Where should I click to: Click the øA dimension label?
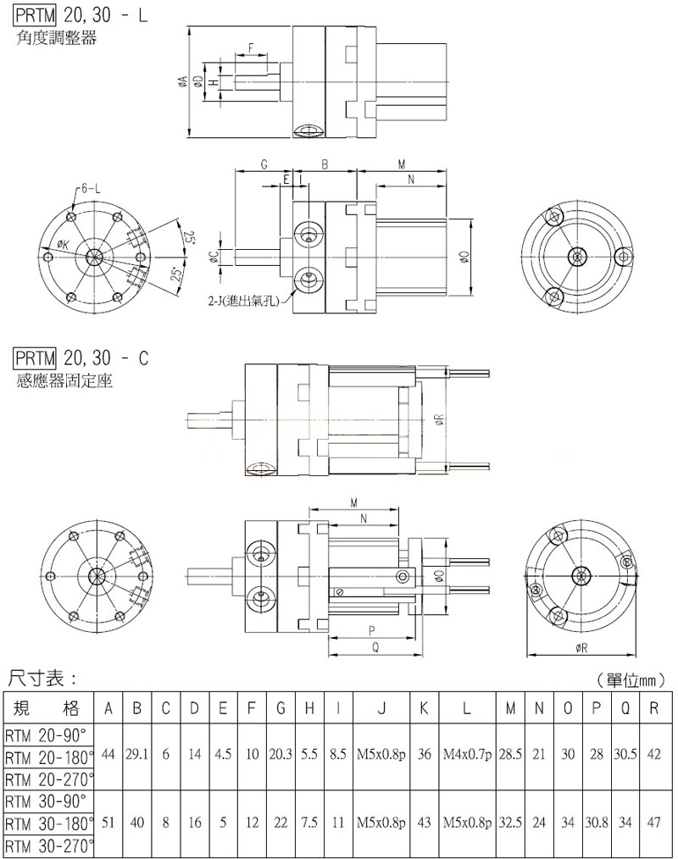183,81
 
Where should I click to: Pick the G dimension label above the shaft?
264,164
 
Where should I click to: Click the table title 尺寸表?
42,679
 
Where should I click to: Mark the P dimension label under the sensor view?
371,630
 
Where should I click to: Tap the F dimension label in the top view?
251,47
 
